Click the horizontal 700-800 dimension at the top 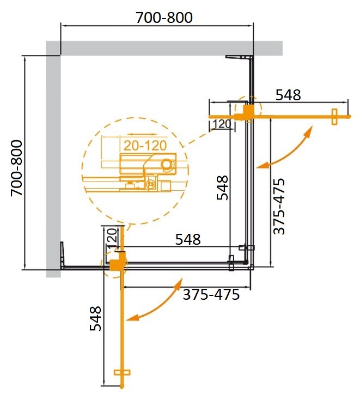(x=164, y=17)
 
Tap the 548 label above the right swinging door (x=288, y=95)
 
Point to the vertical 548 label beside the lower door (x=94, y=319)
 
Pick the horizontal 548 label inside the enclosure (x=187, y=239)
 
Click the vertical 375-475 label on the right (x=278, y=205)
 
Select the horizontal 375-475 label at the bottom (x=211, y=295)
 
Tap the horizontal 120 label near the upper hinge (x=221, y=124)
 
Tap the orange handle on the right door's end (x=334, y=117)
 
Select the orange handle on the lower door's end (x=123, y=373)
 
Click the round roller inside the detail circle (x=167, y=164)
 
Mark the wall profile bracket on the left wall (x=63, y=255)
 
